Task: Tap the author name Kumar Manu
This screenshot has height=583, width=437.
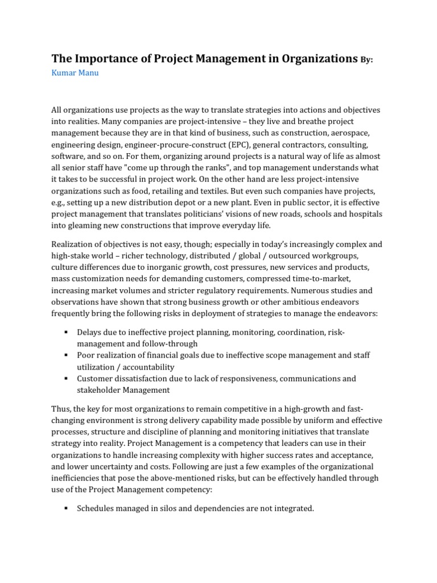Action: click(75, 73)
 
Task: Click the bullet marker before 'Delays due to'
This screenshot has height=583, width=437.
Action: click(67, 332)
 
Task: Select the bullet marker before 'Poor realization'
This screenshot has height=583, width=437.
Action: click(67, 355)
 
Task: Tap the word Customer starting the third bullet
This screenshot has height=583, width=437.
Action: click(94, 379)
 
